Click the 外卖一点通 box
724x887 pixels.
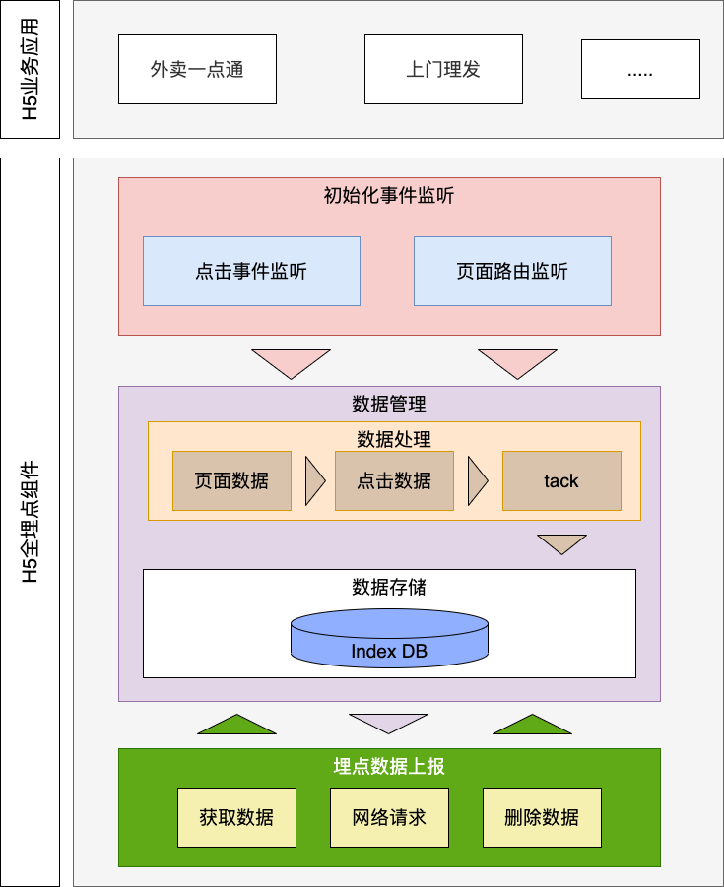point(197,69)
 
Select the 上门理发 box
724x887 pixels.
point(443,69)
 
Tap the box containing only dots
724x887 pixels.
point(639,69)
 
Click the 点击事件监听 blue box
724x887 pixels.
point(251,271)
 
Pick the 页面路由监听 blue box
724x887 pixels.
point(512,271)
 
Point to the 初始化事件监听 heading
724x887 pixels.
point(389,195)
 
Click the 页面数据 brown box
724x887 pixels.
point(231,480)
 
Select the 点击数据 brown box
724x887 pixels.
point(394,480)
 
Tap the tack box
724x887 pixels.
point(561,480)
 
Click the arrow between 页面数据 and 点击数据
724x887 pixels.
point(314,480)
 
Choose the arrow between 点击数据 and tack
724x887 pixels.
point(477,480)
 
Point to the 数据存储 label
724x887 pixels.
point(389,588)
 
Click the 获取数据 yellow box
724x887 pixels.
point(236,817)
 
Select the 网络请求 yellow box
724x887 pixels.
point(389,817)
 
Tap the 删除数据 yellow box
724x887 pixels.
point(542,817)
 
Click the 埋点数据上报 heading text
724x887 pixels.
point(389,766)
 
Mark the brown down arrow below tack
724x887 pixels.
point(561,543)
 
